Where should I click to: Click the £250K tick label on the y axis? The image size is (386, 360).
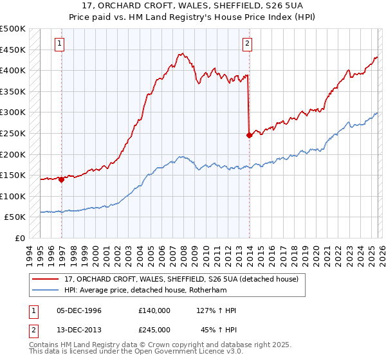tap(13, 133)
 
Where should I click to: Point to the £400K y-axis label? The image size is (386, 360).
tap(13, 70)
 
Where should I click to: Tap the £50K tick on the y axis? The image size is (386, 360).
tap(15, 217)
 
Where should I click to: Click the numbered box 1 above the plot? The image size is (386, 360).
tap(60, 44)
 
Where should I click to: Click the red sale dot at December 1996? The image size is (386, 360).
tap(62, 180)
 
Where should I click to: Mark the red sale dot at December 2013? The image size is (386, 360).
tap(249, 135)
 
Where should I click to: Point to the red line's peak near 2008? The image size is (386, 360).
tap(183, 53)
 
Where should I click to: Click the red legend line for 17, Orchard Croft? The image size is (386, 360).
tap(47, 280)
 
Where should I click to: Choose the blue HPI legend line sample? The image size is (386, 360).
tap(47, 291)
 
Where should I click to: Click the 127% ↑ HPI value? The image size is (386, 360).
tap(217, 310)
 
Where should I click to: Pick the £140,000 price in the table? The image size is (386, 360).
tap(154, 310)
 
